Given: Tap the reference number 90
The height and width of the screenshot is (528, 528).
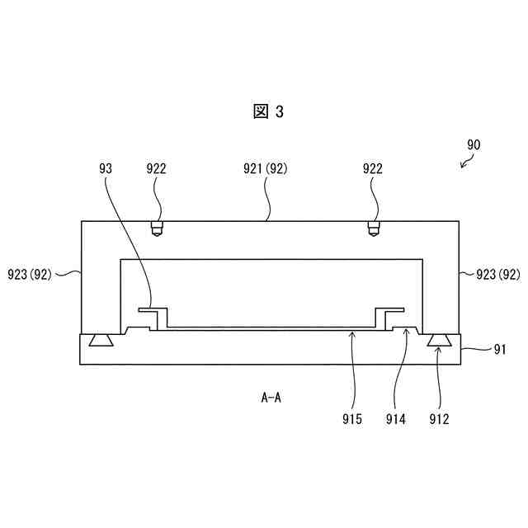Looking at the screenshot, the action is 473,144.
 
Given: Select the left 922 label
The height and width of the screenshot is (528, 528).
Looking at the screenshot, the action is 156,168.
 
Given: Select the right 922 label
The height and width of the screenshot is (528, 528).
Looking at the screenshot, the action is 373,168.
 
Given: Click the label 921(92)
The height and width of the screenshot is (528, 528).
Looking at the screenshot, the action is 265,168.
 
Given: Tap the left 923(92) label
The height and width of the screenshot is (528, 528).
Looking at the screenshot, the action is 29,274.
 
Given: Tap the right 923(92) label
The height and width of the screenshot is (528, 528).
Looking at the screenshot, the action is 497,274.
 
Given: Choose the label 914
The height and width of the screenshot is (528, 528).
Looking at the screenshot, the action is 396,418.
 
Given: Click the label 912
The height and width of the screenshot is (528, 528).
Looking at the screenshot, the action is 439,418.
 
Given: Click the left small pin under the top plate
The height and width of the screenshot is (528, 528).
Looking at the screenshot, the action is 156,229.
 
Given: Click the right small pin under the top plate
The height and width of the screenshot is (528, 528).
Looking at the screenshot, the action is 374,229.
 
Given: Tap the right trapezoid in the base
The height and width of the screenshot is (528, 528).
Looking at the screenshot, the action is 438,341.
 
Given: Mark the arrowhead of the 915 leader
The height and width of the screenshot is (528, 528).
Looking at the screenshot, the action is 352,333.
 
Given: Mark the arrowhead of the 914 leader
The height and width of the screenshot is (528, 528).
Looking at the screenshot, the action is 404,332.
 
